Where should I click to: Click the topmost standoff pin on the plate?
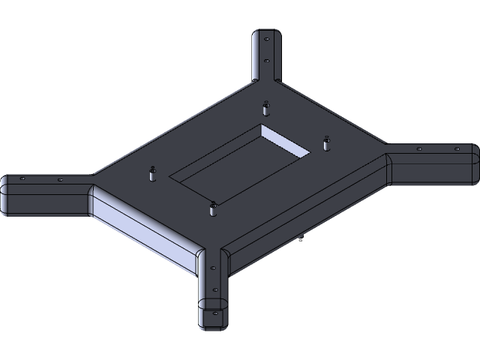tap(265, 108)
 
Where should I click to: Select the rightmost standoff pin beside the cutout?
tap(326, 142)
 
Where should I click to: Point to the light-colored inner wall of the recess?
tap(285, 141)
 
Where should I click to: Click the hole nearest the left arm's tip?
tap(22, 179)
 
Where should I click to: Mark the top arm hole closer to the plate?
tap(265, 61)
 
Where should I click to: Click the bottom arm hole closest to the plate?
tap(213, 268)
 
